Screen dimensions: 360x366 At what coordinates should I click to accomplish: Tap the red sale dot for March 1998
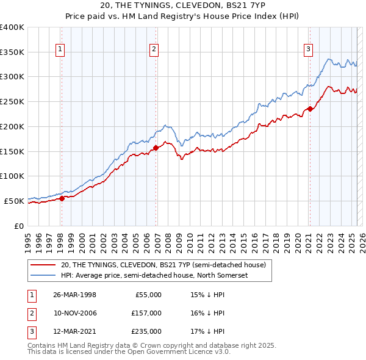point(62,198)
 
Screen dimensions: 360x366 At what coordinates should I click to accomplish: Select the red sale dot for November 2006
point(156,148)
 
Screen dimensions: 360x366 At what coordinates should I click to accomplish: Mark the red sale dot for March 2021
point(310,109)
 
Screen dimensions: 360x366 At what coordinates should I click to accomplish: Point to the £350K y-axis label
point(12,52)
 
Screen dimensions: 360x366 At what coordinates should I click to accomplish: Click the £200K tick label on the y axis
point(12,126)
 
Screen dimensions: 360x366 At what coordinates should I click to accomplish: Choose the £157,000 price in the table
point(146,313)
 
